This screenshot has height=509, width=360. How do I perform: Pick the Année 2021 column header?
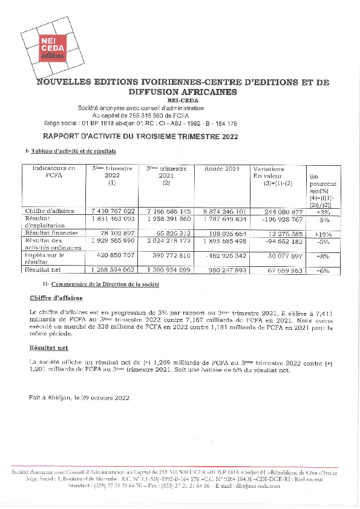click(x=221, y=168)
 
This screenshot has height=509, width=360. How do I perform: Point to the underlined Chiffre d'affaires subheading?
click(x=56, y=298)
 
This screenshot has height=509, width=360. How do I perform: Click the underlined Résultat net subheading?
click(x=48, y=349)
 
